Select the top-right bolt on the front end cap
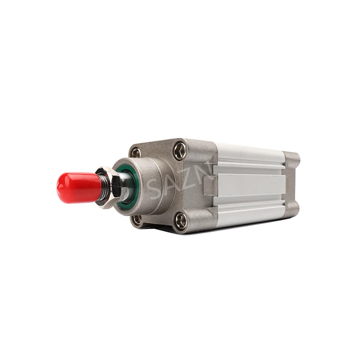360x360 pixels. (180, 150)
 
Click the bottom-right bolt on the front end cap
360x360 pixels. (180, 221)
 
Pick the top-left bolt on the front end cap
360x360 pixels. (136, 152)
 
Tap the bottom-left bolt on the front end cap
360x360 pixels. (136, 219)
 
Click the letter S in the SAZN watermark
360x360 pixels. (155, 187)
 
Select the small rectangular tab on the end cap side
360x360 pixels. (210, 186)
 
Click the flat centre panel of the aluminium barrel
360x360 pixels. (250, 185)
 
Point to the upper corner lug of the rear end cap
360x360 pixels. (292, 160)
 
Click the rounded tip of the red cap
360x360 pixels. (59, 188)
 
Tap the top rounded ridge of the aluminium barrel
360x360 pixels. (250, 153)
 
